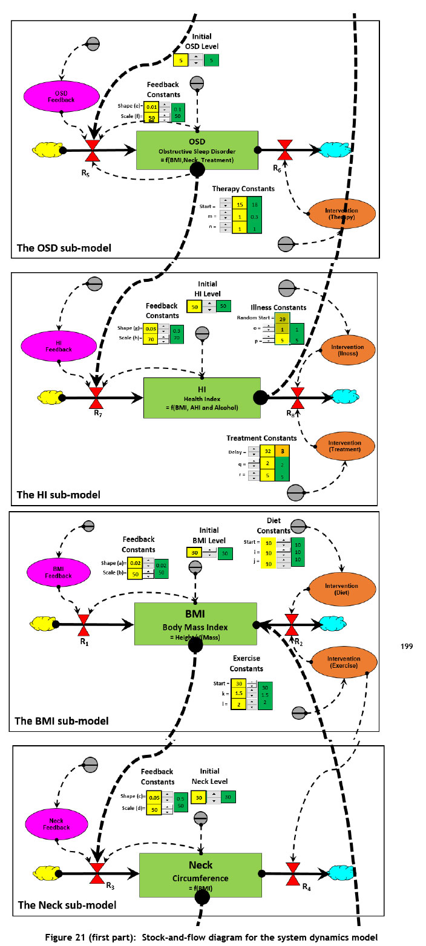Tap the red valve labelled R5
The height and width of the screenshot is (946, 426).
click(93, 149)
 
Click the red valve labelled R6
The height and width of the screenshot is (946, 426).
click(284, 148)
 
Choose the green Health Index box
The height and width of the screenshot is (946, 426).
click(202, 397)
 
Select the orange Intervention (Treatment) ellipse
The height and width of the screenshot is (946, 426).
click(343, 445)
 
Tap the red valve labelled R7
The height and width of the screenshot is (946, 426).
click(96, 397)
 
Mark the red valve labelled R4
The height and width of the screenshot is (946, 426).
click(294, 872)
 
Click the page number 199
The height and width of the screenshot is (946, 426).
click(407, 647)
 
